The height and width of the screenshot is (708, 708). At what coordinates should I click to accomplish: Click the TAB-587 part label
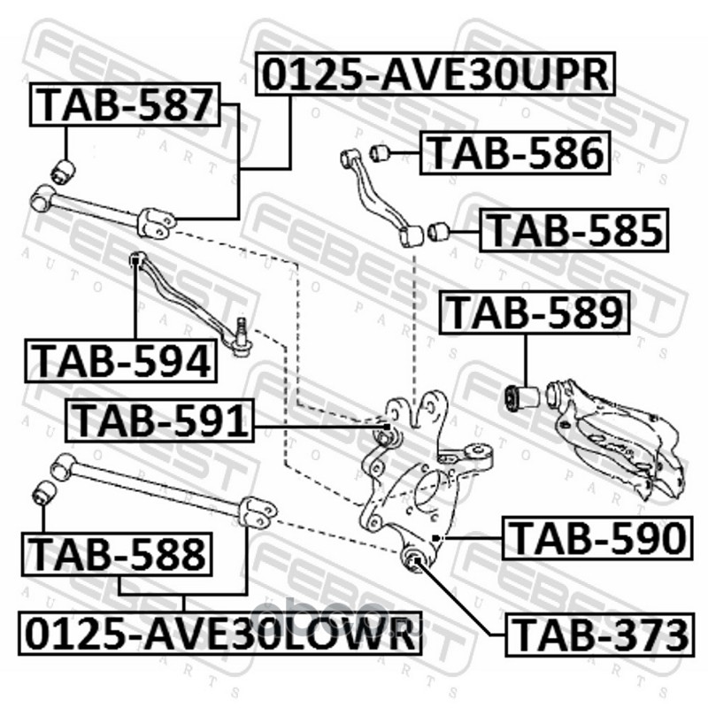125,104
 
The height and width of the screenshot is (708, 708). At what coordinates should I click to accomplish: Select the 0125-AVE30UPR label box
435,74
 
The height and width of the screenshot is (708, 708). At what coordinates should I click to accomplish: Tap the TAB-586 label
517,152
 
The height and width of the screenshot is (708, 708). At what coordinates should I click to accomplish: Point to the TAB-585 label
574,232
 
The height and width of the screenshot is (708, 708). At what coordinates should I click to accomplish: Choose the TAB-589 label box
535,313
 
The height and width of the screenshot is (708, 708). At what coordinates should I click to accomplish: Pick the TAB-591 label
159,419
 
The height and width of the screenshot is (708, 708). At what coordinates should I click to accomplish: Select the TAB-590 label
596,538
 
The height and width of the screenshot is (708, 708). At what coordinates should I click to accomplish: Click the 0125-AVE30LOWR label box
216,634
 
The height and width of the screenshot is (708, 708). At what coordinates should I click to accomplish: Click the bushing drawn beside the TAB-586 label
381,152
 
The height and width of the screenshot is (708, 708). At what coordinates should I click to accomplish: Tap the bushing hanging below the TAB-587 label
64,167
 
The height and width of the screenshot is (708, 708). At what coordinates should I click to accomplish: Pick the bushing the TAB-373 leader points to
412,558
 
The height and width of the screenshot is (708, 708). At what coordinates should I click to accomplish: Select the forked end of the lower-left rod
259,512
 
